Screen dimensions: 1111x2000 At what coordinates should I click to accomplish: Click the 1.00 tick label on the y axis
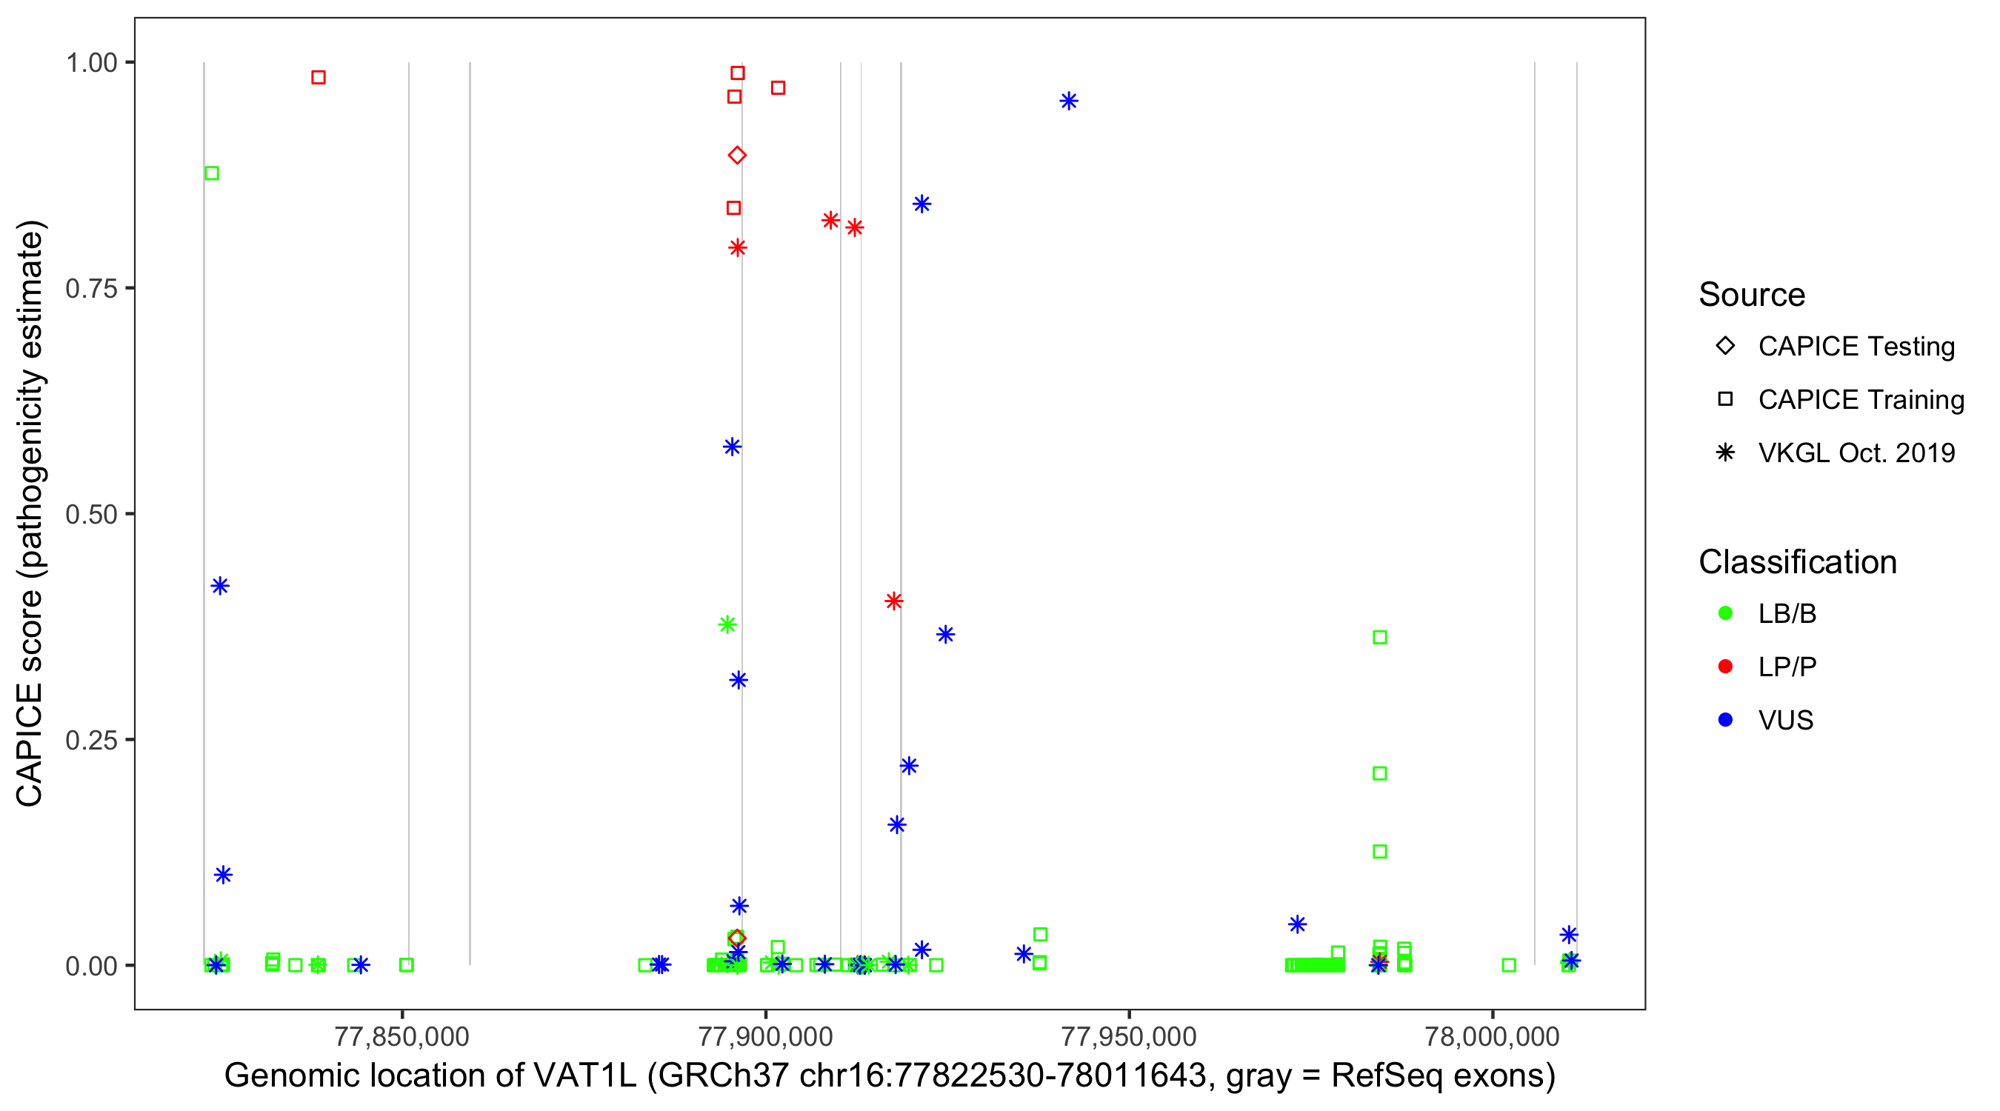click(x=91, y=63)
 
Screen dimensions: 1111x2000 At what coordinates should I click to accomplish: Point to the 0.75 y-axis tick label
click(x=91, y=289)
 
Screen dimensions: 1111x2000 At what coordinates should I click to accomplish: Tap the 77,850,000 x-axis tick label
click(x=401, y=1036)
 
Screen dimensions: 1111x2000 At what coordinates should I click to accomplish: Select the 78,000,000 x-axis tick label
click(x=1491, y=1036)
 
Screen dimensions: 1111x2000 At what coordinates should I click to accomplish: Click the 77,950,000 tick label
click(x=1128, y=1036)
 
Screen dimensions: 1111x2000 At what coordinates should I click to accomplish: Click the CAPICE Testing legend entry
click(x=1856, y=347)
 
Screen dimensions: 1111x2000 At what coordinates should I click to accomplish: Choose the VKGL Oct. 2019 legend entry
click(x=1856, y=453)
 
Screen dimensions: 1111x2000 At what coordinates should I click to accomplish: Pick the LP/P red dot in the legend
click(x=1725, y=667)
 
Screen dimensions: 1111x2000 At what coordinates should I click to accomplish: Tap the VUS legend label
click(x=1786, y=721)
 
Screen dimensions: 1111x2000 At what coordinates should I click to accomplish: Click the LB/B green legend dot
click(x=1725, y=613)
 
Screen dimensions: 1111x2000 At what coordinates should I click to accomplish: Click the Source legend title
click(x=1752, y=295)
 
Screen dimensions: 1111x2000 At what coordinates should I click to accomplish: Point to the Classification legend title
click(x=1797, y=562)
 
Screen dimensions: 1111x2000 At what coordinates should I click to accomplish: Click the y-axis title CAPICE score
click(x=31, y=513)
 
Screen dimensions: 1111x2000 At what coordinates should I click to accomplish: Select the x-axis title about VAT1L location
click(x=890, y=1076)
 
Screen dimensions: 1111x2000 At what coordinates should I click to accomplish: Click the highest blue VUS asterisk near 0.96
click(x=1069, y=101)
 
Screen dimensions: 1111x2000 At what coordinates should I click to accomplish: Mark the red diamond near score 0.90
click(x=738, y=156)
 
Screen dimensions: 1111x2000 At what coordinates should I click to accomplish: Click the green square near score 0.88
click(x=211, y=173)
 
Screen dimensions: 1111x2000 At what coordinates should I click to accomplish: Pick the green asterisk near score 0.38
click(x=727, y=624)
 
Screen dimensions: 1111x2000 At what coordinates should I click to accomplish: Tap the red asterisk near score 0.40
click(x=893, y=601)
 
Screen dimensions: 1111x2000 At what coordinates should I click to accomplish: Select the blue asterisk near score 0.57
click(x=732, y=447)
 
